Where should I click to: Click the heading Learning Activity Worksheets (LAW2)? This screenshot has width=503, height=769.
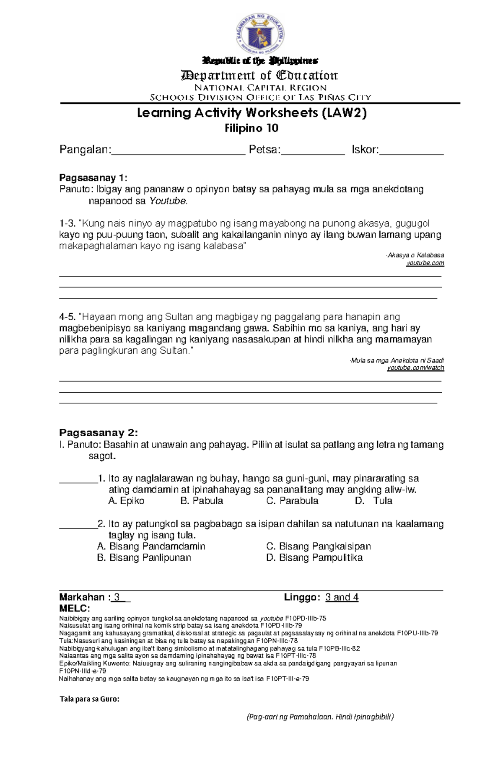[x=251, y=113]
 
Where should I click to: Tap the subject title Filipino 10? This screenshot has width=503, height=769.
[x=251, y=128]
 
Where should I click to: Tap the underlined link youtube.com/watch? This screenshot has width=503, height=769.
[x=415, y=368]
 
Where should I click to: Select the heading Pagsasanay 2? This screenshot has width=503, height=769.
[x=99, y=432]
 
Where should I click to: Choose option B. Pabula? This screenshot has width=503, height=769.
[x=202, y=501]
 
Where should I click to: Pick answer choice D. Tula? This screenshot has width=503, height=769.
[x=373, y=501]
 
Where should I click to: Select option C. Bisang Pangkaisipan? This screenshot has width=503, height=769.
[x=319, y=546]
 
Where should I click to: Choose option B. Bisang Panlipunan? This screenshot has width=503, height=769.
[x=144, y=558]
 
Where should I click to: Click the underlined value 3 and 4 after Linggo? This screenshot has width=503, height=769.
[x=342, y=597]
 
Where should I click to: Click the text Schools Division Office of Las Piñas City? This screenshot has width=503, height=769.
[x=260, y=98]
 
